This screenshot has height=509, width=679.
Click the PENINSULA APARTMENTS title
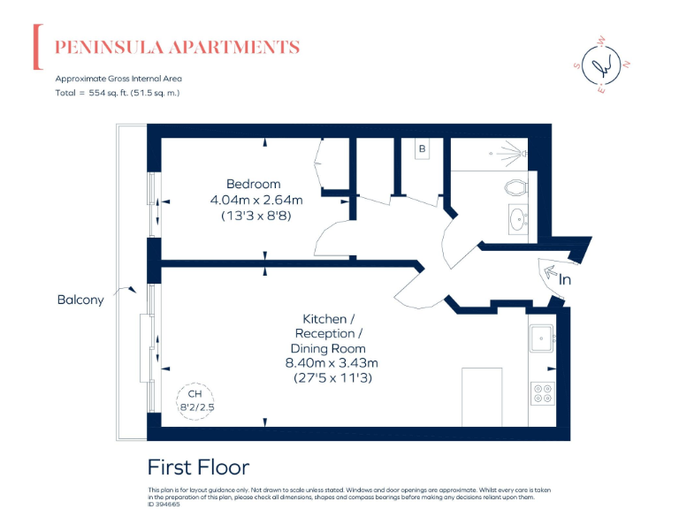(x=178, y=48)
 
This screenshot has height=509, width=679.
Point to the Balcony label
(x=80, y=300)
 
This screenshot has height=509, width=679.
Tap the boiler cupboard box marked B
(x=422, y=149)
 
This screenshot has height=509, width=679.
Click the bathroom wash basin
(x=517, y=218)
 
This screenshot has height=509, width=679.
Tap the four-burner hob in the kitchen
(x=541, y=392)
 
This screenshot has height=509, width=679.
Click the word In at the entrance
(x=565, y=279)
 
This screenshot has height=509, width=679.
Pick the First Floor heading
(x=198, y=467)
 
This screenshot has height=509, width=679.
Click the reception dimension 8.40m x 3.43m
(x=331, y=362)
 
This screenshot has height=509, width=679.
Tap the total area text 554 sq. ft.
(x=118, y=92)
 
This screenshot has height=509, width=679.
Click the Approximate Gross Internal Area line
(x=118, y=78)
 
